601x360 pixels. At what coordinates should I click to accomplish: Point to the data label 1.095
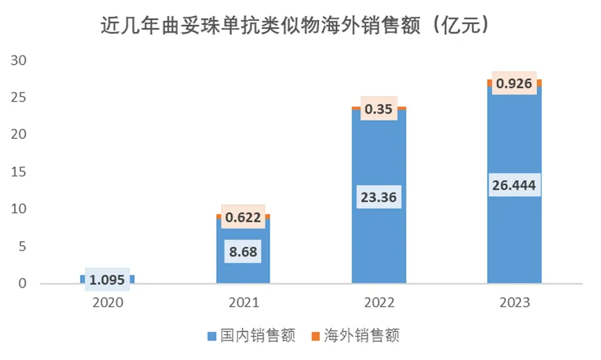click(x=108, y=279)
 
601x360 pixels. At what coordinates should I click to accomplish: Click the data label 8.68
click(x=243, y=251)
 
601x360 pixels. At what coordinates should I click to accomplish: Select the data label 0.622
click(x=243, y=218)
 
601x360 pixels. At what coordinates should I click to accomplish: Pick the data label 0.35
click(x=379, y=109)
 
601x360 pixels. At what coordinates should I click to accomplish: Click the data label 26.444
click(x=514, y=186)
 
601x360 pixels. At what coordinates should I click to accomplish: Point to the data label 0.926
click(x=514, y=84)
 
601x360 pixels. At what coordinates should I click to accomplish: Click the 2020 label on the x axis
click(x=108, y=304)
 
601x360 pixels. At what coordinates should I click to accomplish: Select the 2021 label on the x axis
click(x=243, y=304)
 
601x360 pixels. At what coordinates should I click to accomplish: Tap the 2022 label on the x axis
click(x=379, y=304)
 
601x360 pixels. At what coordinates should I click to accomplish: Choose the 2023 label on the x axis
click(x=514, y=304)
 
